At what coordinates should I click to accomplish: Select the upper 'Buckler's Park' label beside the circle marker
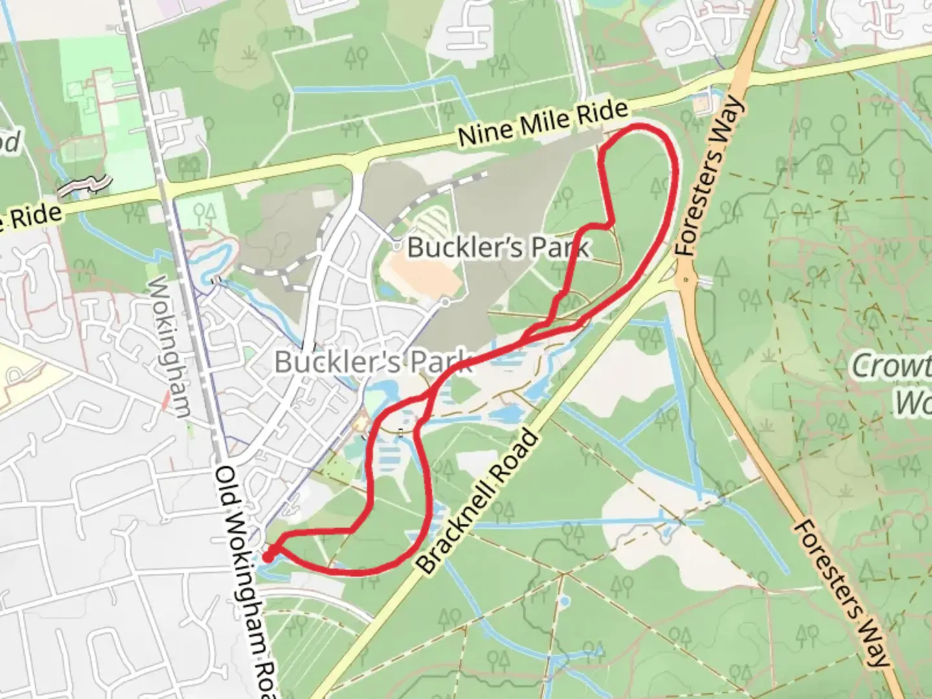[x=498, y=247]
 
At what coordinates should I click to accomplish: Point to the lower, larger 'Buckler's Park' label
[x=373, y=361]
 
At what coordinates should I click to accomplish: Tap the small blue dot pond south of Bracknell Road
[x=564, y=602]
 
